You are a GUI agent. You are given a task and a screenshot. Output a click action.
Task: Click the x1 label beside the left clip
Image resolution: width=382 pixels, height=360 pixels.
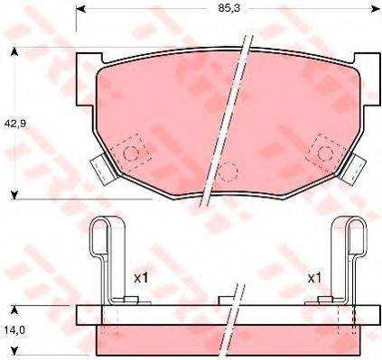[142, 278]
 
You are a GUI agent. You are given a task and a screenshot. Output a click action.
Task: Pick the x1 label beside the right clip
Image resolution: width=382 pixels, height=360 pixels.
[314, 278]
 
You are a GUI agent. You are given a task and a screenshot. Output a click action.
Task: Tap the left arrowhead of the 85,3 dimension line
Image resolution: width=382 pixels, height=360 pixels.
[79, 10]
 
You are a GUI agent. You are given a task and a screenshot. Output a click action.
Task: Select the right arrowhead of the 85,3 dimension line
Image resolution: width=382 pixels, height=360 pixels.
[372, 10]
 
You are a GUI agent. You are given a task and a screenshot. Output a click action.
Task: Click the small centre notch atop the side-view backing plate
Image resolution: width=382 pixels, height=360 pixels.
[227, 299]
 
